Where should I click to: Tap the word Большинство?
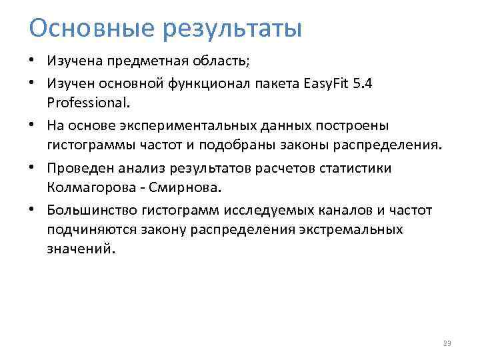click(x=91, y=211)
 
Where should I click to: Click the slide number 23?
click(x=447, y=343)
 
